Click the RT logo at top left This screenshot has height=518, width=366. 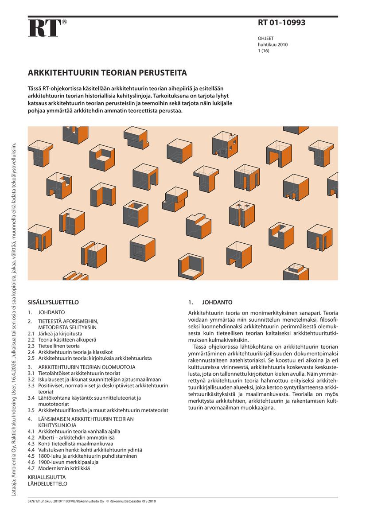44,28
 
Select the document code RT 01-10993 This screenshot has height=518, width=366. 281,23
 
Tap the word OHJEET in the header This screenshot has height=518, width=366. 266,39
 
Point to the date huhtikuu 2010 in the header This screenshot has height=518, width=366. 273,45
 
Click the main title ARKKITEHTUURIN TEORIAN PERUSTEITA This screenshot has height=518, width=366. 107,72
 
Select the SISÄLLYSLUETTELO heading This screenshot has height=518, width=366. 53,302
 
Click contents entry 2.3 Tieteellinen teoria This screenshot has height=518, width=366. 59,346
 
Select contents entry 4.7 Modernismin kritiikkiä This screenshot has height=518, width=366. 64,468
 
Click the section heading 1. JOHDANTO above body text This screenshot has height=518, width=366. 210,302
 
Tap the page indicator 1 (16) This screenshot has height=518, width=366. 264,51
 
